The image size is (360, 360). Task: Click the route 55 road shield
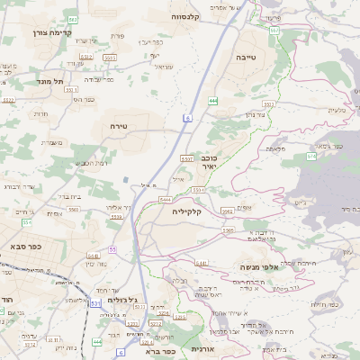[112, 248]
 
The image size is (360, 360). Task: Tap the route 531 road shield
[95, 303]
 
